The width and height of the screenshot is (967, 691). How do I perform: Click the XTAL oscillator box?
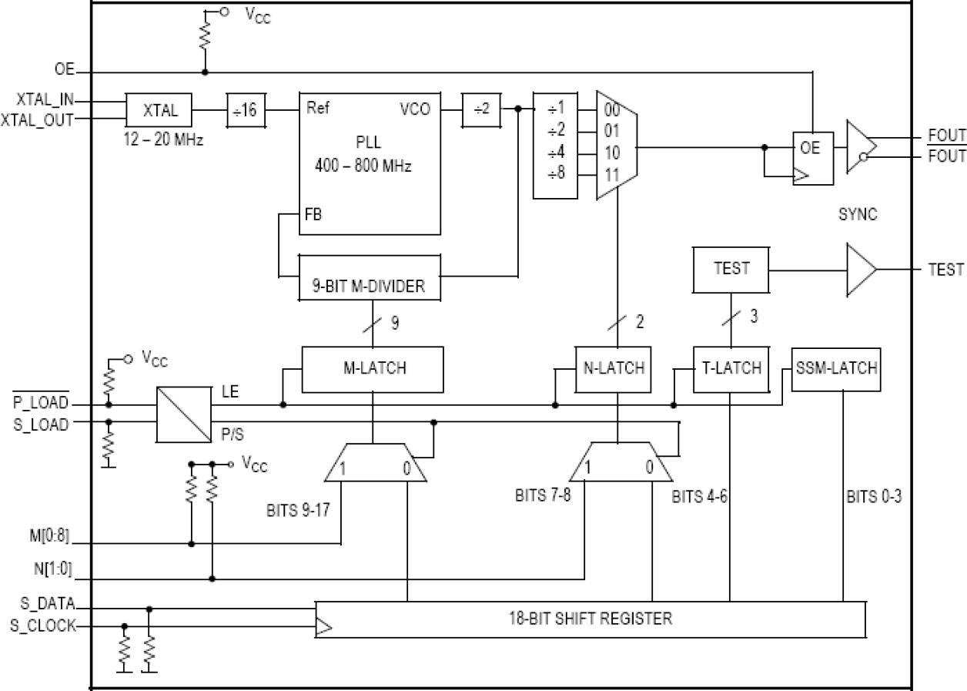point(159,110)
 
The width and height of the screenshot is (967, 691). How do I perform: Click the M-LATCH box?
point(373,369)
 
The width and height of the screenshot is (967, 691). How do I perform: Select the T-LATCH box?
point(728,369)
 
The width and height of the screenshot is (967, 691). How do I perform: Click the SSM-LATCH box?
point(836,368)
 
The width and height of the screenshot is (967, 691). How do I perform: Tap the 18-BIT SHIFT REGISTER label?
point(590,618)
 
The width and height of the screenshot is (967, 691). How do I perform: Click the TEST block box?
point(731,270)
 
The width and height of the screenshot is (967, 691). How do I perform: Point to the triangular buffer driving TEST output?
point(860,270)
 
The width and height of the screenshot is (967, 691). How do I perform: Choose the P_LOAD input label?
point(39,403)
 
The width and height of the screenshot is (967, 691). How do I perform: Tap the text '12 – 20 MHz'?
point(163,140)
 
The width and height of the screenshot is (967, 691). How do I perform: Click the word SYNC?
point(857,216)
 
